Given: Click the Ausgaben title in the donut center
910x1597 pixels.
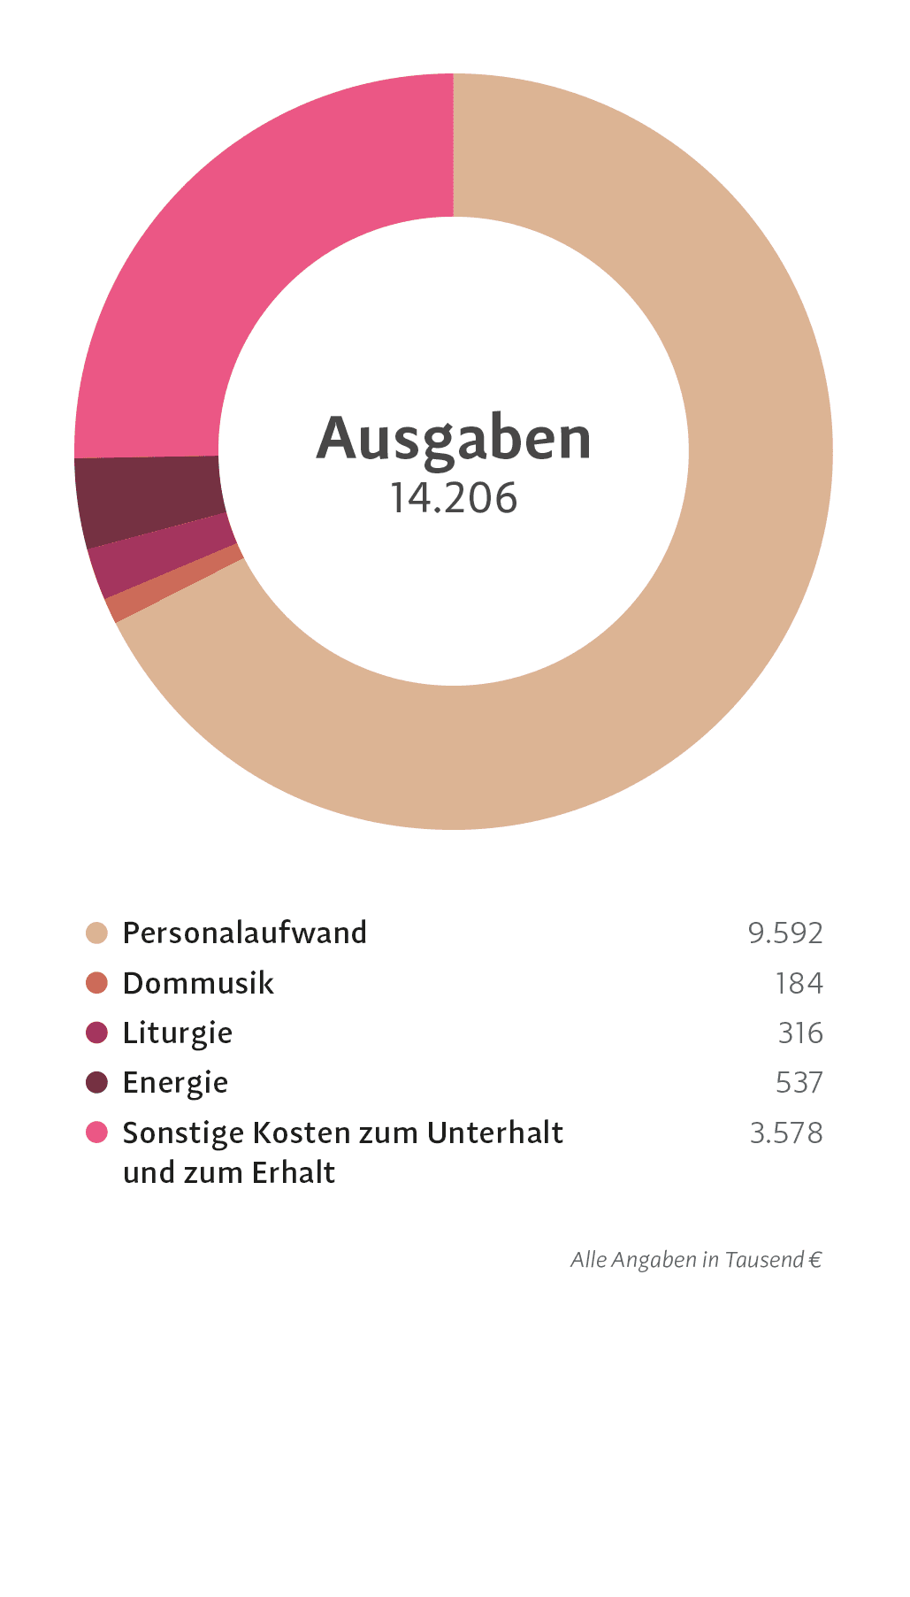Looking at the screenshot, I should (x=454, y=438).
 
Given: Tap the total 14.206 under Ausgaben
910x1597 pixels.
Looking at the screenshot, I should (x=454, y=498).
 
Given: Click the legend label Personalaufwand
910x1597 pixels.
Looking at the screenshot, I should (x=244, y=933).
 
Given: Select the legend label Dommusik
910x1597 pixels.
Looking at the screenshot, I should (x=198, y=983).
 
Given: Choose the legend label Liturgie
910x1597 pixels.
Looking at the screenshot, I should (x=177, y=1033).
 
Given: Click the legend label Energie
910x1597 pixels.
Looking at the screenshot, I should (x=175, y=1082).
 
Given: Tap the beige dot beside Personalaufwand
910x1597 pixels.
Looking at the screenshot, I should (x=96, y=933).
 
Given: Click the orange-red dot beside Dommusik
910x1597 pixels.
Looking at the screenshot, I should (x=96, y=983).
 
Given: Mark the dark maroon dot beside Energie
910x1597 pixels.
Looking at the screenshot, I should (x=96, y=1082).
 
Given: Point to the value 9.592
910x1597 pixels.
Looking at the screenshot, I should (x=784, y=933).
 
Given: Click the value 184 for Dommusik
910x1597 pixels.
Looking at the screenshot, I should (x=799, y=983).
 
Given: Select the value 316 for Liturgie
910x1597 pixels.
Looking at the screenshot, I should (x=800, y=1033).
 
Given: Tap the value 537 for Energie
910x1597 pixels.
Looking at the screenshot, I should (x=799, y=1082).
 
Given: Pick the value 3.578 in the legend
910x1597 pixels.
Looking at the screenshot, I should (x=785, y=1132).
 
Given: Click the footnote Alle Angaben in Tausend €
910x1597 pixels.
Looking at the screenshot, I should (x=696, y=1259).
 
